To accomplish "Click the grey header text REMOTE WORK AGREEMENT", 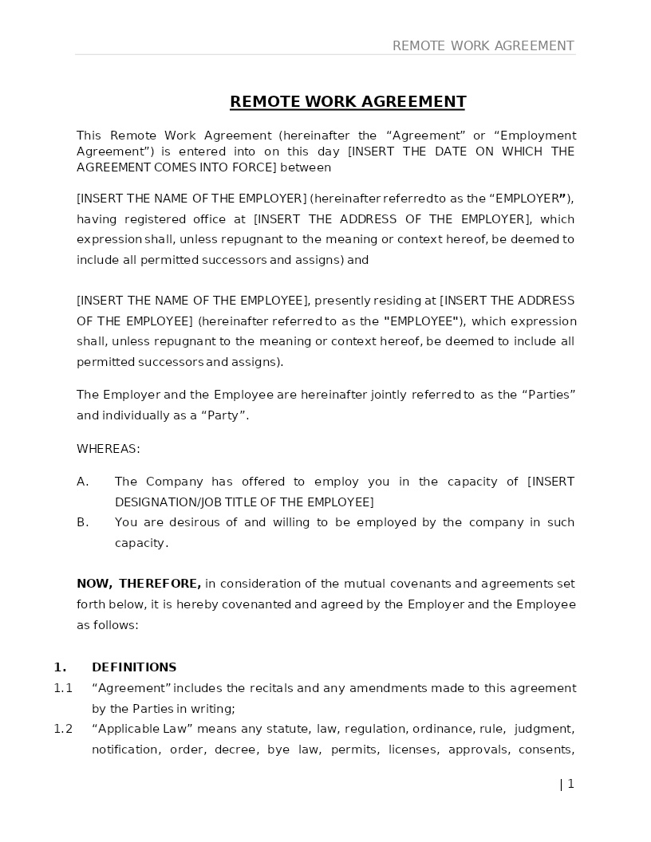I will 483,46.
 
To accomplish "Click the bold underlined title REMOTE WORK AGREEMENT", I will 348,102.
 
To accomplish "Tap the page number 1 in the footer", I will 570,784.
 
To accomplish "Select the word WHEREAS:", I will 108,449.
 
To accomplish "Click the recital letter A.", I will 82,482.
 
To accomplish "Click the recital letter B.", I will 82,522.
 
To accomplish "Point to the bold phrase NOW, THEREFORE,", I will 139,584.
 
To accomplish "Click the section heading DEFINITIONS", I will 134,667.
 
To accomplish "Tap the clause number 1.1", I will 63,688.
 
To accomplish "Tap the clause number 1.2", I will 63,729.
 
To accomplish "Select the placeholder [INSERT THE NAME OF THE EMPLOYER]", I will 191,199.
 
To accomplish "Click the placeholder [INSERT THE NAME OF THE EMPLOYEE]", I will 192,301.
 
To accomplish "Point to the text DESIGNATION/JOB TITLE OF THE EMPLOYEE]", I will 244,502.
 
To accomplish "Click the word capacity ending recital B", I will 140,543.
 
